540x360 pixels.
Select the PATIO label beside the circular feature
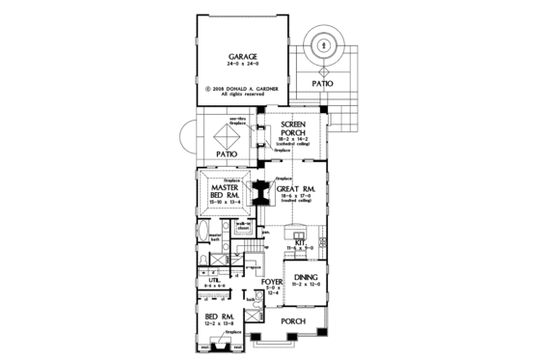(x=323, y=84)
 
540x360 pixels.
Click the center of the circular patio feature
(x=323, y=44)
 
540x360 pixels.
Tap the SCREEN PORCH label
(x=292, y=130)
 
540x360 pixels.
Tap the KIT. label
(x=300, y=243)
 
